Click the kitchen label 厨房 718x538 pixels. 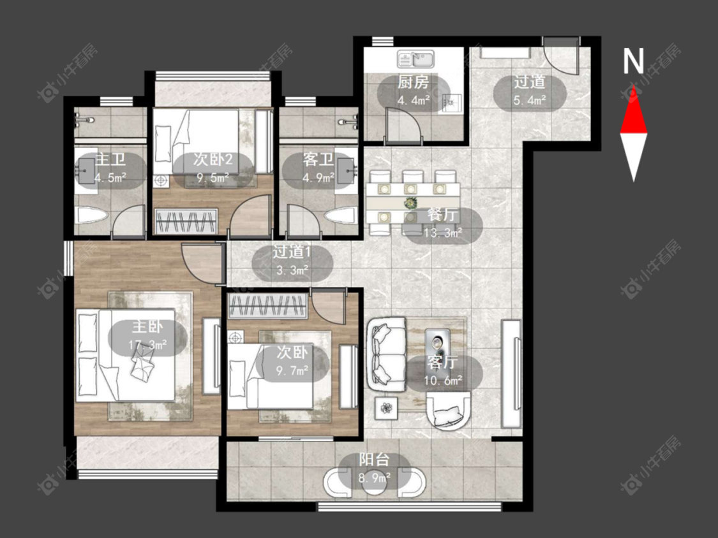[x=413, y=82]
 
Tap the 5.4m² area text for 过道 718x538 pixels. [x=529, y=100]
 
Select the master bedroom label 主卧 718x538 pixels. [x=147, y=326]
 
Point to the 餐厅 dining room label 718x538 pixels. [x=442, y=215]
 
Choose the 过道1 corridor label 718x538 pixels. [x=292, y=252]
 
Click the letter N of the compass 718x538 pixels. [x=634, y=61]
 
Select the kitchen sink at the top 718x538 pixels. [x=419, y=59]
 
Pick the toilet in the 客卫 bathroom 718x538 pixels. [x=341, y=215]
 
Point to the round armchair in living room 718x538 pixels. [x=448, y=411]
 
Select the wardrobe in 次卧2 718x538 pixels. [x=186, y=221]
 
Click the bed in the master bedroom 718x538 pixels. [x=126, y=355]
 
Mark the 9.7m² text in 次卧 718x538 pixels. [x=292, y=370]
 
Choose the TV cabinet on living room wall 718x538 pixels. [x=511, y=374]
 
